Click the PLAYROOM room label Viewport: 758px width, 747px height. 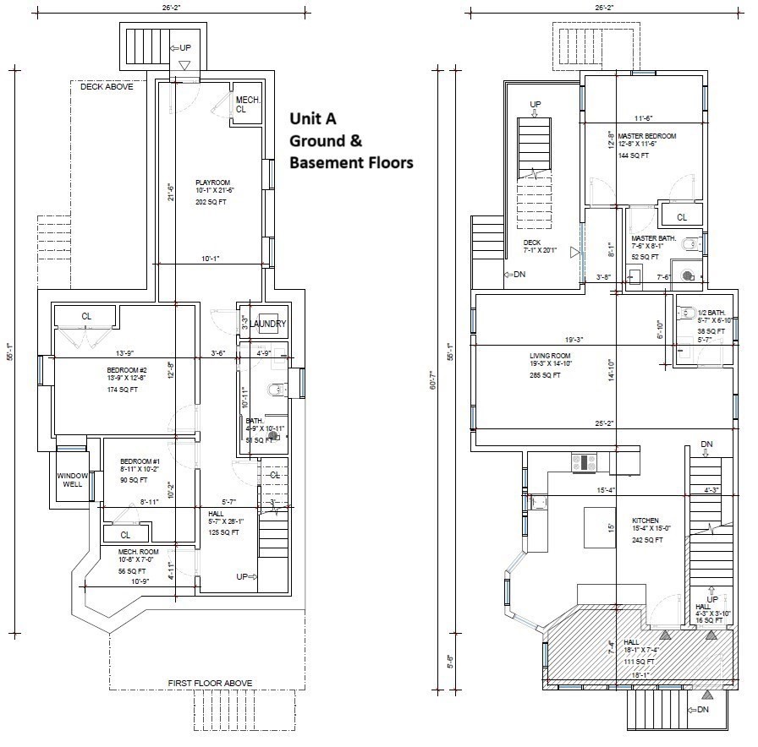(x=213, y=182)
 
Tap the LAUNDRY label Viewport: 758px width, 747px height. (x=268, y=324)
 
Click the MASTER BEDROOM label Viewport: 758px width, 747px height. (x=646, y=135)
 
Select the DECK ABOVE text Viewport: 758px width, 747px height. (x=107, y=87)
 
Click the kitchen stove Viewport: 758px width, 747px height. (x=585, y=462)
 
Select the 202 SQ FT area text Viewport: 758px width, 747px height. (x=212, y=202)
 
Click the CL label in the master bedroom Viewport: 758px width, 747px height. (x=682, y=217)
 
